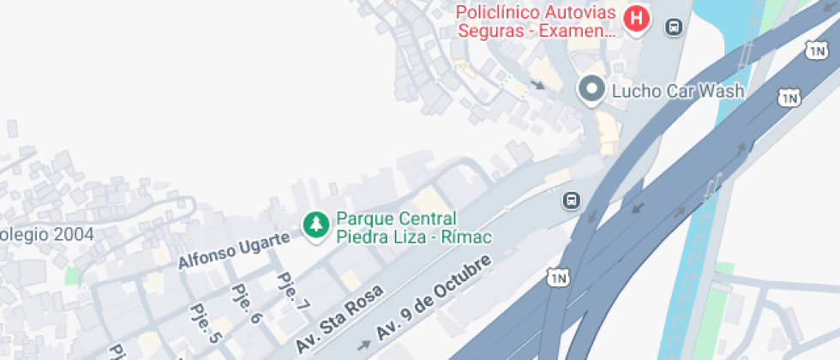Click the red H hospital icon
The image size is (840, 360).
(636, 17)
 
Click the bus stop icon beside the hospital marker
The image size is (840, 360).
(675, 27)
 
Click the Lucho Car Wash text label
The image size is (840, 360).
(677, 90)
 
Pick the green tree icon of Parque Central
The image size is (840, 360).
(318, 225)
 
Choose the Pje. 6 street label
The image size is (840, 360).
(245, 303)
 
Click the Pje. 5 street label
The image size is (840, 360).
(205, 322)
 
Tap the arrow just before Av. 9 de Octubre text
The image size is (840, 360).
(364, 345)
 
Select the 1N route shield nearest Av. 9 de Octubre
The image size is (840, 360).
(558, 278)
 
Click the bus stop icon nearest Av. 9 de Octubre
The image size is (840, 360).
(570, 201)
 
